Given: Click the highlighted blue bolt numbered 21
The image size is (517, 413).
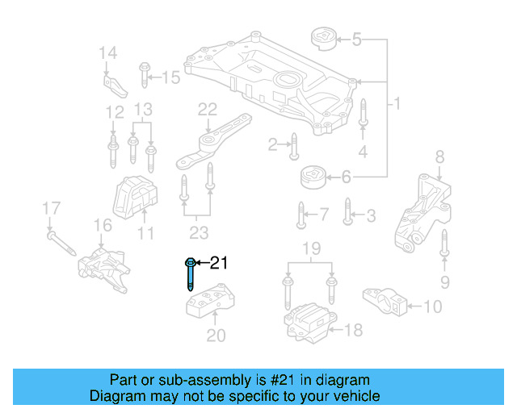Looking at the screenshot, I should pyautogui.click(x=190, y=275).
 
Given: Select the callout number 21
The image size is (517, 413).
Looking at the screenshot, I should pyautogui.click(x=220, y=263).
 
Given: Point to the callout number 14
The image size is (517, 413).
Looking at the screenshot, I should pyautogui.click(x=107, y=53).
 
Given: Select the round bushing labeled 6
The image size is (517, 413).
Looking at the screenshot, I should pyautogui.click(x=312, y=176).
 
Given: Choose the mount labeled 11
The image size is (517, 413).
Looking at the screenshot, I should pyautogui.click(x=132, y=197).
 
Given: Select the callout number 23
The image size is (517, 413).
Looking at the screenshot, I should pyautogui.click(x=197, y=235).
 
